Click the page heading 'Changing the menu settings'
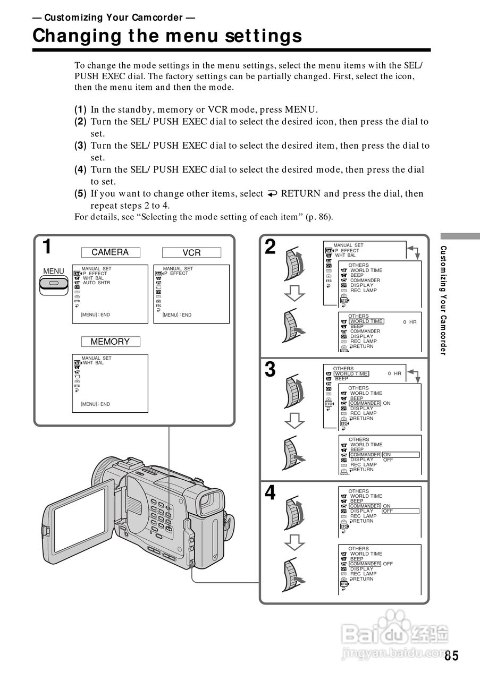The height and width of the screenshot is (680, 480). [167, 36]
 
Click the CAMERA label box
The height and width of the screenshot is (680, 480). [110, 252]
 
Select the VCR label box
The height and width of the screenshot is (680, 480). [191, 253]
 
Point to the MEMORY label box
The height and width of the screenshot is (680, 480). [110, 342]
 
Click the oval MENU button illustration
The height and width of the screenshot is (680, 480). [53, 284]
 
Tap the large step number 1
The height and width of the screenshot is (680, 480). [47, 247]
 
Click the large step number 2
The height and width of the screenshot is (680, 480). [270, 247]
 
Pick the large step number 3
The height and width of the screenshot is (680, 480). [270, 369]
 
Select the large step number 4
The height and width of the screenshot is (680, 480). [270, 493]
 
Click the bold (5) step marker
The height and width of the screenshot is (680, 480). [80, 193]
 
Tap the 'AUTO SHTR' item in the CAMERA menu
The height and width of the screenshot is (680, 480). [96, 283]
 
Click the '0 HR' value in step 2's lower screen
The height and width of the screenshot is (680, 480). [409, 322]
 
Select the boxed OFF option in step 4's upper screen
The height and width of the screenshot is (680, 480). [388, 511]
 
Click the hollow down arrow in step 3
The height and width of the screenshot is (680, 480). [294, 420]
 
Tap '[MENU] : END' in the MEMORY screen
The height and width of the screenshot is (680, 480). [95, 404]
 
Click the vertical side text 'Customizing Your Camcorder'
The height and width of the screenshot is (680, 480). [444, 301]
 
